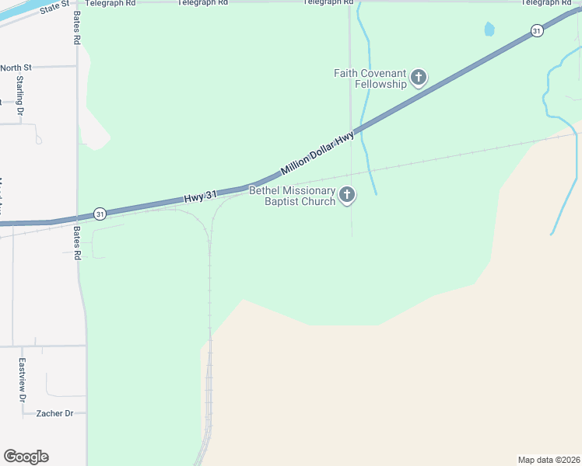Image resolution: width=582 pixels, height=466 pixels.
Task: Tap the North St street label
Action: point(16,68)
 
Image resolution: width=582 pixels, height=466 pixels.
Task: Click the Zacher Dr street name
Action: point(54,414)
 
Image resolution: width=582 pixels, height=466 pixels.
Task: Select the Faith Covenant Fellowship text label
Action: point(370,78)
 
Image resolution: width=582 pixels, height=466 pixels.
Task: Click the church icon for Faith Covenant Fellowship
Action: point(419,78)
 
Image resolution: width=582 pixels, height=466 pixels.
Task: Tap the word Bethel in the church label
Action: point(264,190)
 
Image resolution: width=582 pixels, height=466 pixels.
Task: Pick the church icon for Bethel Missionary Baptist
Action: point(347,195)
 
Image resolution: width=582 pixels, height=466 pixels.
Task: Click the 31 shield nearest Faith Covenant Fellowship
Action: point(537,30)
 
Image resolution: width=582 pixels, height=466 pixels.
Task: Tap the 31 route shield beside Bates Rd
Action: point(99,213)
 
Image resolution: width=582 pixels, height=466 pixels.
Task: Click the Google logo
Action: point(26,457)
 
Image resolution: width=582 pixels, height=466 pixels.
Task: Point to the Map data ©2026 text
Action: point(549,460)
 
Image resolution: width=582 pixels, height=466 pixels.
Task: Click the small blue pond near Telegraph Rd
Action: point(489,30)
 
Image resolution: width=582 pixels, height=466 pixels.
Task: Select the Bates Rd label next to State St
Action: point(77,26)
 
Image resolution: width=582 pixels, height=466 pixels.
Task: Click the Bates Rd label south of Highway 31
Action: point(77,243)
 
